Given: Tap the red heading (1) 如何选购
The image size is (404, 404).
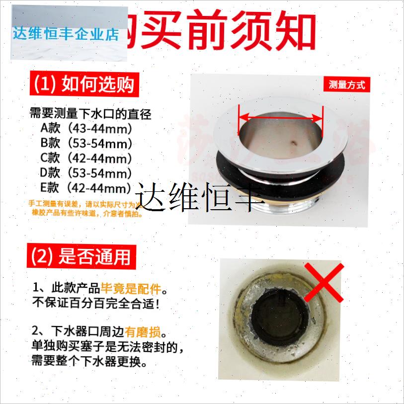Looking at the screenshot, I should (x=84, y=84).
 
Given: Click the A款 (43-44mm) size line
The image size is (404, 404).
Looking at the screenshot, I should (x=86, y=129).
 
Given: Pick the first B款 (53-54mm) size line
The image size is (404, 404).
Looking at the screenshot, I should (x=86, y=144).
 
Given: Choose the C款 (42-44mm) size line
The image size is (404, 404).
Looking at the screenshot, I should (x=86, y=159).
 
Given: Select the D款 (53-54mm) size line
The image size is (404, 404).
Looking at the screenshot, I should (x=86, y=173).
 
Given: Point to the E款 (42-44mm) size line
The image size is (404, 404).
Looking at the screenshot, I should (x=86, y=188).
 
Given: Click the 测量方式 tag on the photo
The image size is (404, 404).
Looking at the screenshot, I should (x=346, y=84).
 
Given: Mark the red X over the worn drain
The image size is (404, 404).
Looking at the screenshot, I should (x=323, y=282).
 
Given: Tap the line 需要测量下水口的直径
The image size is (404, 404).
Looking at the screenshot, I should (x=90, y=114).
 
